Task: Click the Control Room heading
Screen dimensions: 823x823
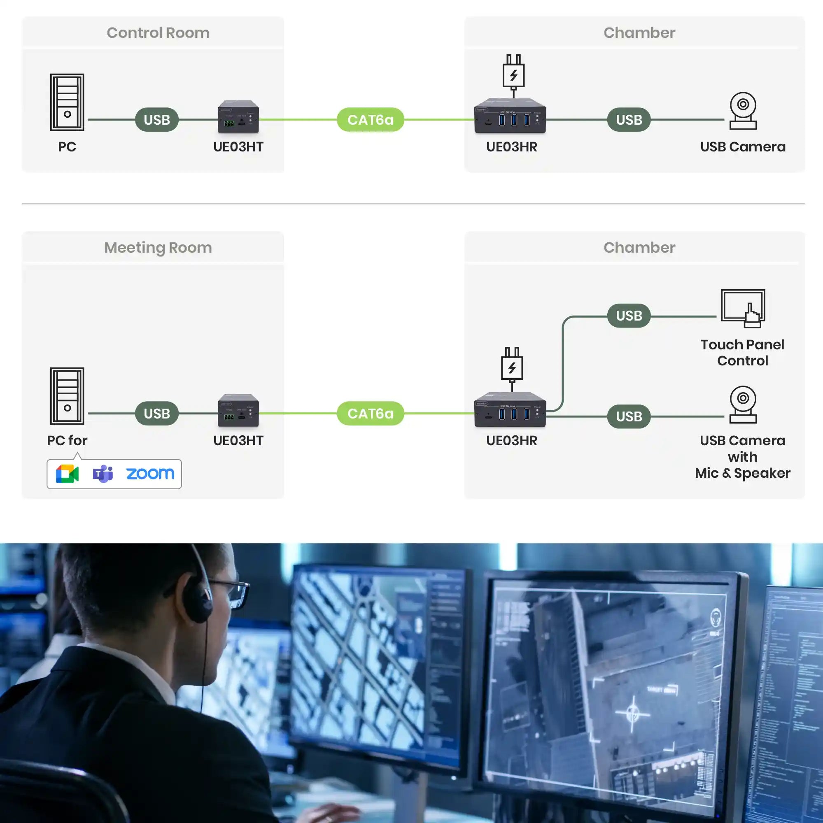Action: coord(158,33)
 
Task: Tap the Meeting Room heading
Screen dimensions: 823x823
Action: coord(158,247)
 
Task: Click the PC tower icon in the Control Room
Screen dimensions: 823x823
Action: coord(68,102)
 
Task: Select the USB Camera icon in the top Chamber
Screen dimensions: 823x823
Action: coord(743,111)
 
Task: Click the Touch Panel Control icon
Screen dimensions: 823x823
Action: coord(743,308)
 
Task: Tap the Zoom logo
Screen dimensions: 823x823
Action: coord(150,474)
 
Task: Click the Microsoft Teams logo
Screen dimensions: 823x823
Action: coord(103,474)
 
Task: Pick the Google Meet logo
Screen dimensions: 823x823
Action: coord(68,474)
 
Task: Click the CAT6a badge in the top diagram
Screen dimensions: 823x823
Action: coord(371,120)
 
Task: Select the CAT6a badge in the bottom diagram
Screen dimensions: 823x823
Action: coord(371,414)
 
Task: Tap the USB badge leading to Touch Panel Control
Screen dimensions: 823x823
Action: coord(629,316)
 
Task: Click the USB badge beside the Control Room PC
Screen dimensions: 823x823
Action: coord(157,120)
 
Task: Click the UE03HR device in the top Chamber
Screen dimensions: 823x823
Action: coord(510,116)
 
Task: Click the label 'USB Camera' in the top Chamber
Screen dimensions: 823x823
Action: coord(742,147)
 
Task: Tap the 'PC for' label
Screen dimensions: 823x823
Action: coord(67,440)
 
